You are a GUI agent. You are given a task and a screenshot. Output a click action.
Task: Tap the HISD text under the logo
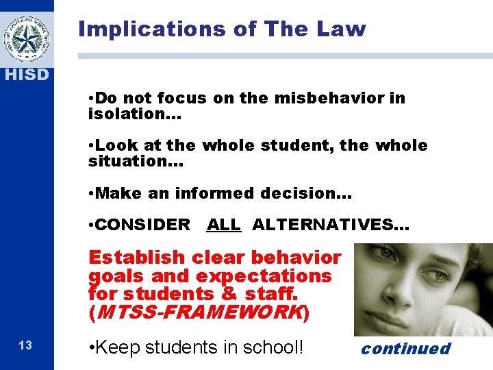coord(27,75)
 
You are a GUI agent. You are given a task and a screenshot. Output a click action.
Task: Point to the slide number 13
coord(25,345)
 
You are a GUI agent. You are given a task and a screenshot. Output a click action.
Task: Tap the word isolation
coord(128,113)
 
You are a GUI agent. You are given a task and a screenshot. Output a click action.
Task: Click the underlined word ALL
coord(224,224)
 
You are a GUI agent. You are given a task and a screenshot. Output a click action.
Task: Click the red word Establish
coord(137,258)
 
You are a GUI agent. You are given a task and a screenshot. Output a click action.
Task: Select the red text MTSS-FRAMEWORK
coord(199,312)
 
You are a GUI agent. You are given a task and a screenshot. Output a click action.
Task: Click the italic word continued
coord(405,349)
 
